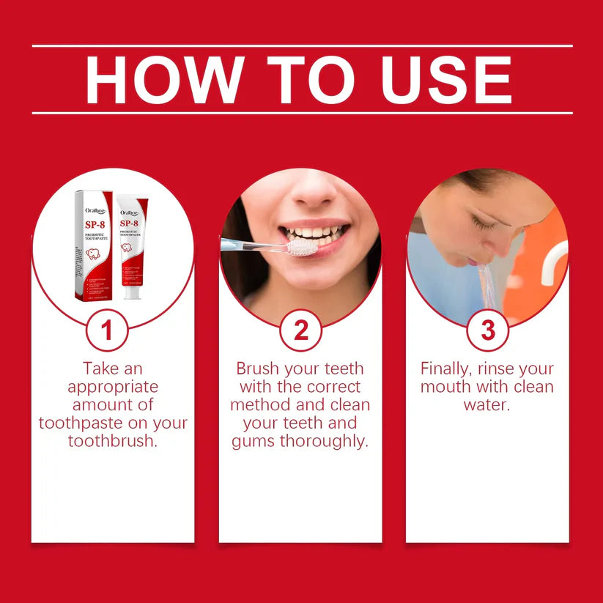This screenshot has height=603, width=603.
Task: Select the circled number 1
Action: tap(107, 330)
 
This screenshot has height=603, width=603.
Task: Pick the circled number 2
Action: tap(301, 330)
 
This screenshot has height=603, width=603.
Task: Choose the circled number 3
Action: tap(488, 330)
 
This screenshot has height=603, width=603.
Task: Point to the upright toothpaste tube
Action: tap(132, 245)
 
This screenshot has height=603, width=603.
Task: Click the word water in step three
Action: tap(487, 405)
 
